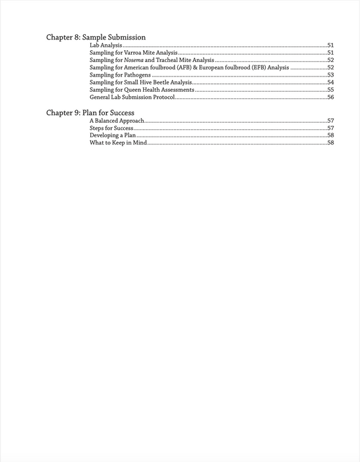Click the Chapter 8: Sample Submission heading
click(x=96, y=37)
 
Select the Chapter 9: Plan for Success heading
click(x=90, y=113)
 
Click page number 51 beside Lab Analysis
click(x=330, y=46)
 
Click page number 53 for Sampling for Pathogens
click(x=330, y=75)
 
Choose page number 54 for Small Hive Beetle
click(x=330, y=82)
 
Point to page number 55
click(x=330, y=90)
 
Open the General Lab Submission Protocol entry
click(x=133, y=98)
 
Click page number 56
click(x=330, y=98)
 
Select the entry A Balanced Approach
click(x=117, y=121)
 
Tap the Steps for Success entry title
click(x=111, y=128)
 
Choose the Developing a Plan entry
click(x=113, y=135)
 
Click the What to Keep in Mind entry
click(x=118, y=143)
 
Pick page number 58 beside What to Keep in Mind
click(x=330, y=143)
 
